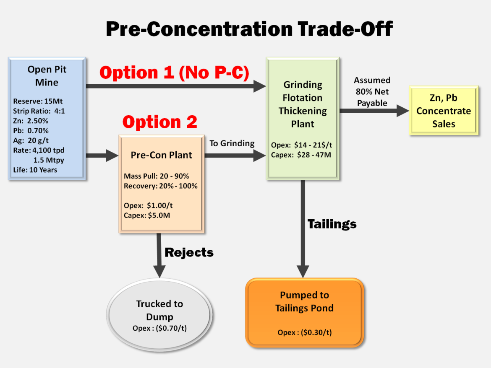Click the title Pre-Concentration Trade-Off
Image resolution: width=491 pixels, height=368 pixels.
click(249, 29)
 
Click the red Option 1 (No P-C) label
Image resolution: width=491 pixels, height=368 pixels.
click(174, 73)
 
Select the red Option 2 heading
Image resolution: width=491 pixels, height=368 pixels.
click(159, 122)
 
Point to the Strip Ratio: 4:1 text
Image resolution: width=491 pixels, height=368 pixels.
click(39, 111)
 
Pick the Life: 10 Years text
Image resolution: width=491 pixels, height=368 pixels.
click(35, 170)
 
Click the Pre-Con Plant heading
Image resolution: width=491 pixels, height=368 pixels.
click(161, 155)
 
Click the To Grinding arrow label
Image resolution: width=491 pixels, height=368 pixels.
click(232, 143)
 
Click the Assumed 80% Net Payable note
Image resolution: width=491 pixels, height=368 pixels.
click(372, 91)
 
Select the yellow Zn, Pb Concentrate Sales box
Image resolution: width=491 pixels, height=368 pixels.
click(444, 111)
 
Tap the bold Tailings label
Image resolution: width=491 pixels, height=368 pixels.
click(332, 224)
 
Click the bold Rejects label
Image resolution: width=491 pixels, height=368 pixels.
click(189, 252)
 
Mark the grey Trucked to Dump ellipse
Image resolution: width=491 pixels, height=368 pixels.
click(159, 314)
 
